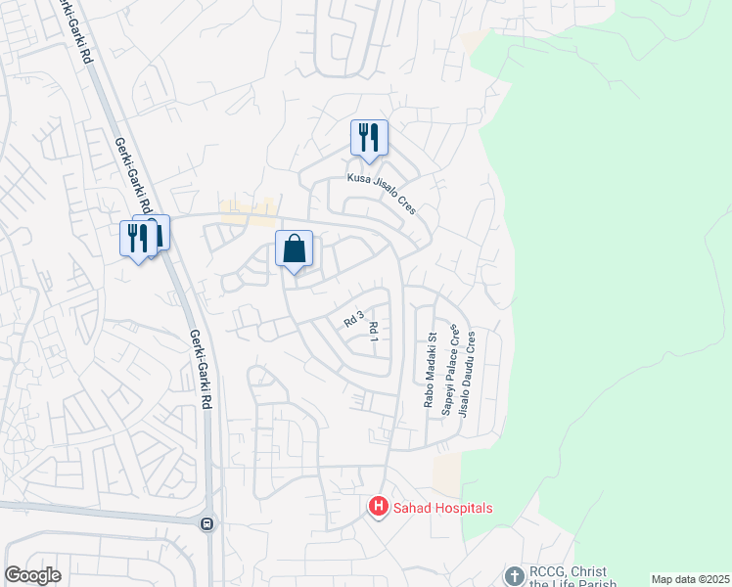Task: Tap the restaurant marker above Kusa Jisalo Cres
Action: pyautogui.click(x=369, y=138)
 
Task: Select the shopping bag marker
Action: pyautogui.click(x=294, y=249)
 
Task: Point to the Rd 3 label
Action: pyautogui.click(x=353, y=318)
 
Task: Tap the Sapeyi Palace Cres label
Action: pyautogui.click(x=449, y=372)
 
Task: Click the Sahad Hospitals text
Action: pyautogui.click(x=442, y=508)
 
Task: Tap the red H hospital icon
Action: pyautogui.click(x=377, y=507)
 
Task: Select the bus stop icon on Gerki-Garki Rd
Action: pyautogui.click(x=206, y=523)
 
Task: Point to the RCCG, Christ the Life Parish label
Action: pyautogui.click(x=573, y=577)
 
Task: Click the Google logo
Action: pyautogui.click(x=33, y=575)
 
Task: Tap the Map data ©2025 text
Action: pyautogui.click(x=690, y=578)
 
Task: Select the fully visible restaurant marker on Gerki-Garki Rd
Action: pyautogui.click(x=137, y=239)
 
